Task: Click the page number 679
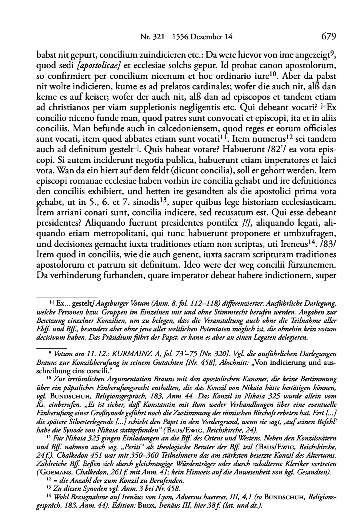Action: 328,37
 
